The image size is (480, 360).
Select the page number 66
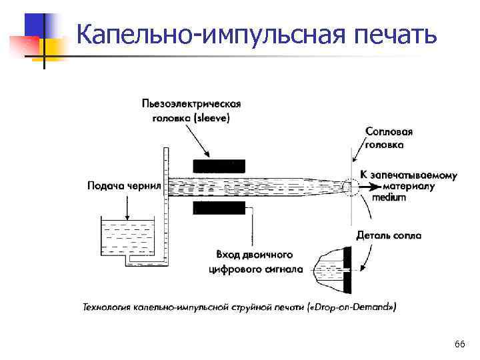pos(459,344)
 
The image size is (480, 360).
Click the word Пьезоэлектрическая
pos(191,104)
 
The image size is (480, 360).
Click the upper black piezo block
pos(219,166)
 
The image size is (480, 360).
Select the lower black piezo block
pos(219,208)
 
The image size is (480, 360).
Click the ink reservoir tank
pos(127,237)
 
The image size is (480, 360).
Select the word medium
pos(389,197)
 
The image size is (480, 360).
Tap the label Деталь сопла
pos(389,235)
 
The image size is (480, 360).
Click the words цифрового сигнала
pos(255,269)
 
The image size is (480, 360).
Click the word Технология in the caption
pos(106,307)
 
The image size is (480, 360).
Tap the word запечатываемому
pos(413,175)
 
